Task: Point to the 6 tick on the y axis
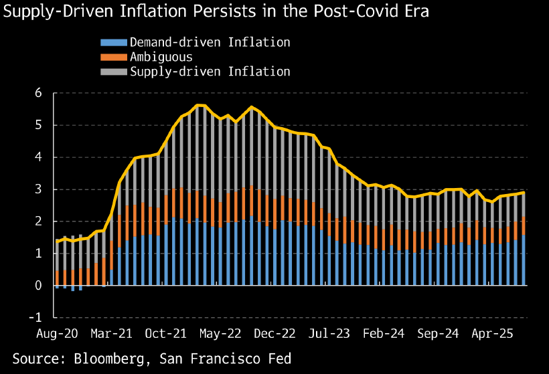(x=37, y=94)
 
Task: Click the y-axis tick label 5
(x=37, y=126)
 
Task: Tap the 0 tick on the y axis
(x=37, y=286)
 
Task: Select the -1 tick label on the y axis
(x=35, y=317)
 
